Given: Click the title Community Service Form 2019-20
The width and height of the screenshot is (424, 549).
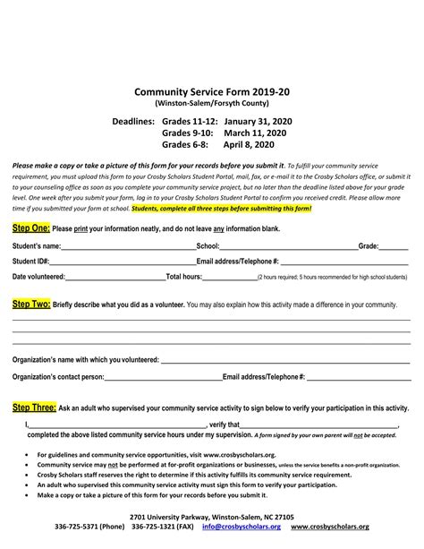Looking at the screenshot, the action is [x=211, y=91].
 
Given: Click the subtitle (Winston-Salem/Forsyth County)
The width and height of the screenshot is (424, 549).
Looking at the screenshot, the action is [x=211, y=104].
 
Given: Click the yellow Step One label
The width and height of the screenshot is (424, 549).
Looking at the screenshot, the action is [x=30, y=228].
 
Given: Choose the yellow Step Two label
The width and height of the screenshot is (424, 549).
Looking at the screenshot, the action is [x=31, y=305].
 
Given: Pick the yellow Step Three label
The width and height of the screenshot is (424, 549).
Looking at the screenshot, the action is [x=35, y=407].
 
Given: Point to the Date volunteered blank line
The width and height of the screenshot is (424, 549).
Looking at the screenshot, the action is [x=115, y=278].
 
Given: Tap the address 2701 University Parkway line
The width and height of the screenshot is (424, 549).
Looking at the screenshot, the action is [x=211, y=516].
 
